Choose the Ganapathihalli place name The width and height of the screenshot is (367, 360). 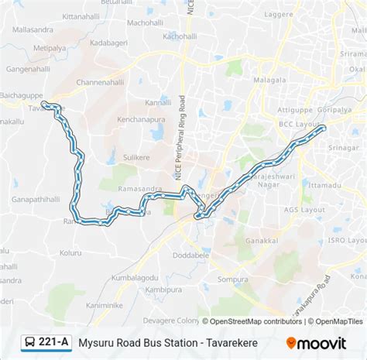point(36,199)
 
